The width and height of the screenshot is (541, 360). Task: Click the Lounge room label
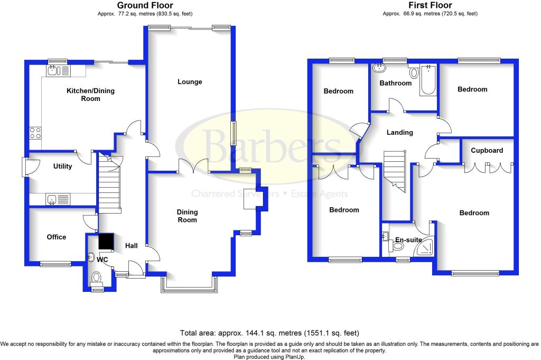click(190, 82)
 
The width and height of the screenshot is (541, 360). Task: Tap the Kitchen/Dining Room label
click(90, 95)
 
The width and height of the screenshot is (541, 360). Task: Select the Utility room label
click(62, 166)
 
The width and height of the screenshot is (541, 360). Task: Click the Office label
click(56, 237)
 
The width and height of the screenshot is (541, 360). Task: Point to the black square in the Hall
click(106, 241)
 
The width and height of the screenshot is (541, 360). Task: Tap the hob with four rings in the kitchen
click(35, 133)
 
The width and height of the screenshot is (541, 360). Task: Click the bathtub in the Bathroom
click(428, 80)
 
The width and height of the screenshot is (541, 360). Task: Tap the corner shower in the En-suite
click(425, 247)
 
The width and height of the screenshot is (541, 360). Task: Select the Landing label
click(399, 132)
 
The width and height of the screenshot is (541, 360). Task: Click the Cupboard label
click(487, 151)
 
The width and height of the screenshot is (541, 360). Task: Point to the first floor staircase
click(395, 171)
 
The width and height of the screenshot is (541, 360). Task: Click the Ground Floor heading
click(145, 5)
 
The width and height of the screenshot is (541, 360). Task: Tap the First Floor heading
click(430, 5)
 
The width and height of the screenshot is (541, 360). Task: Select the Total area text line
click(269, 333)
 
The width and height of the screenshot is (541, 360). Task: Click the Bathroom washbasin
click(379, 68)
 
